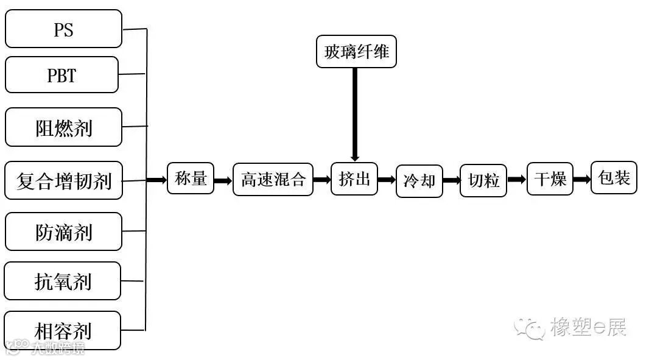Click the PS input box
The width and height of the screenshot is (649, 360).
point(63,29)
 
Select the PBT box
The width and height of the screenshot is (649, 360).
point(61,75)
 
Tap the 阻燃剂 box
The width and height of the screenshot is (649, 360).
point(63,127)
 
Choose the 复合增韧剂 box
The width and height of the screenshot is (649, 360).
point(63,180)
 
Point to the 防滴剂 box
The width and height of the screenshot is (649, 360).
point(63,231)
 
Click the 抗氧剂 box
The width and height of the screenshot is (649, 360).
point(63,281)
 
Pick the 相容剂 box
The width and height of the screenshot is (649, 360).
point(63,330)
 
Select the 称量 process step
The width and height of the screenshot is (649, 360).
point(191,178)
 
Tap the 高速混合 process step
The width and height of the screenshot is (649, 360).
point(273,179)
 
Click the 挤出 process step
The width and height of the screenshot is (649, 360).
point(354,179)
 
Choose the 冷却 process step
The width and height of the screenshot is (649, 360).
point(419,180)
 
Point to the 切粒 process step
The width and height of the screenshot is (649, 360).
point(484,180)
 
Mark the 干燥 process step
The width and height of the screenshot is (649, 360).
point(550,179)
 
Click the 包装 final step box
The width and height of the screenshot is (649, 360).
point(614,178)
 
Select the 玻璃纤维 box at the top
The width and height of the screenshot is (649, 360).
point(356,52)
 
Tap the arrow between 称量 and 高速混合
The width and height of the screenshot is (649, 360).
point(223,180)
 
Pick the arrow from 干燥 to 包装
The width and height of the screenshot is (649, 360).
point(581,179)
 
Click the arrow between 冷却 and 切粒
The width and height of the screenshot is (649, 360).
point(451,180)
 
